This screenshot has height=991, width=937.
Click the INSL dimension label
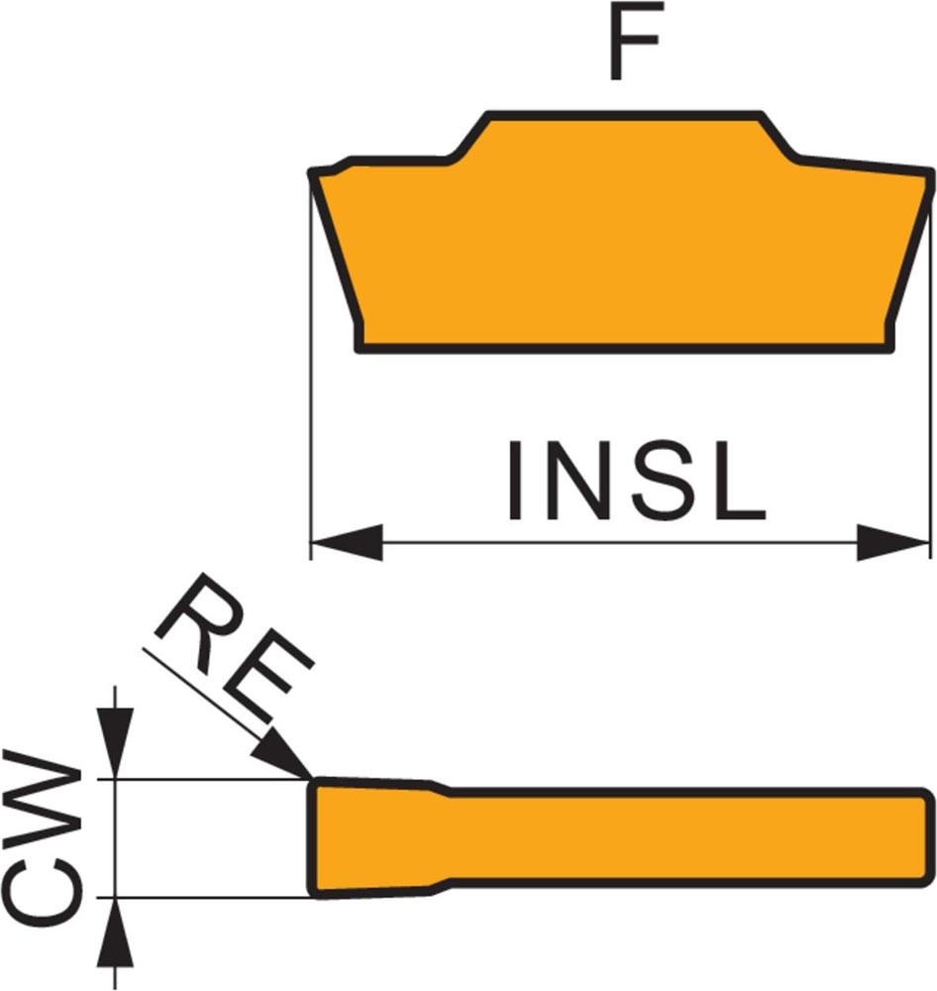tap(635, 484)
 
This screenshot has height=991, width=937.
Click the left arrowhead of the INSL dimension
tap(346, 542)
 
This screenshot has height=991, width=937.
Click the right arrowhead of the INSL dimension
tap(894, 542)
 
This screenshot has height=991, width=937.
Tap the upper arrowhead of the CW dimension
tap(117, 753)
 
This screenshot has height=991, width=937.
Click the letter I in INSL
tap(516, 484)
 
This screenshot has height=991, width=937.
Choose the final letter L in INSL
tap(739, 484)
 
